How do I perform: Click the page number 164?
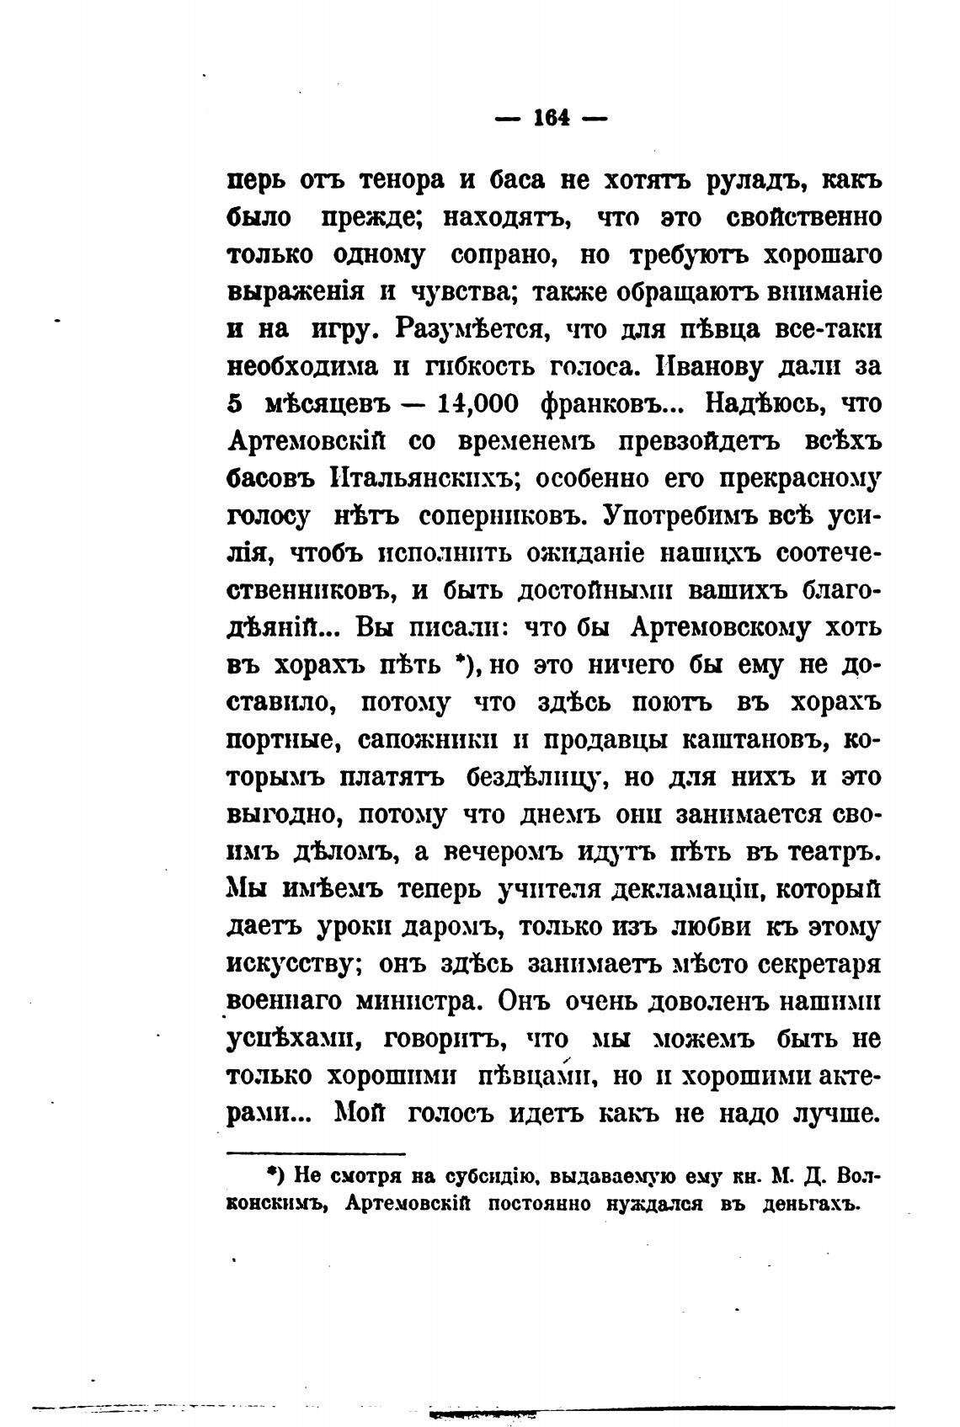coord(552,119)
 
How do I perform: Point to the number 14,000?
coord(478,403)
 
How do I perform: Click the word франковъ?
coord(615,403)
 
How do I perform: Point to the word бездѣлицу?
coord(532,776)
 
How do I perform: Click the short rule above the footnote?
coord(316,1154)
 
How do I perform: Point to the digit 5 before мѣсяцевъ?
coord(236,403)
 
